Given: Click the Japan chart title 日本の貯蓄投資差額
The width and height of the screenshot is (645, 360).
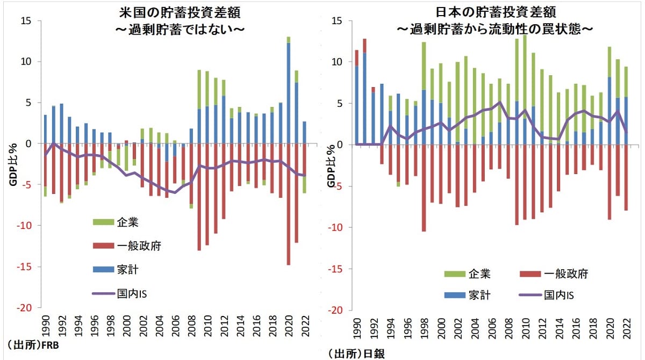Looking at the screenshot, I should coord(494,11).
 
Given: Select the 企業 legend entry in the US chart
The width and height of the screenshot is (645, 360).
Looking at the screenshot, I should coord(128,222).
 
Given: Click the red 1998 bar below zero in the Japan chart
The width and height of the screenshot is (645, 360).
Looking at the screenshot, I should coord(424,188).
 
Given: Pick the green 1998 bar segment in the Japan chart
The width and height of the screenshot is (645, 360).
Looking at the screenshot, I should coord(424,66).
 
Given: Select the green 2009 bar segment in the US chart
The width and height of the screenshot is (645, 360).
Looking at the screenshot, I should coord(199,89).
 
